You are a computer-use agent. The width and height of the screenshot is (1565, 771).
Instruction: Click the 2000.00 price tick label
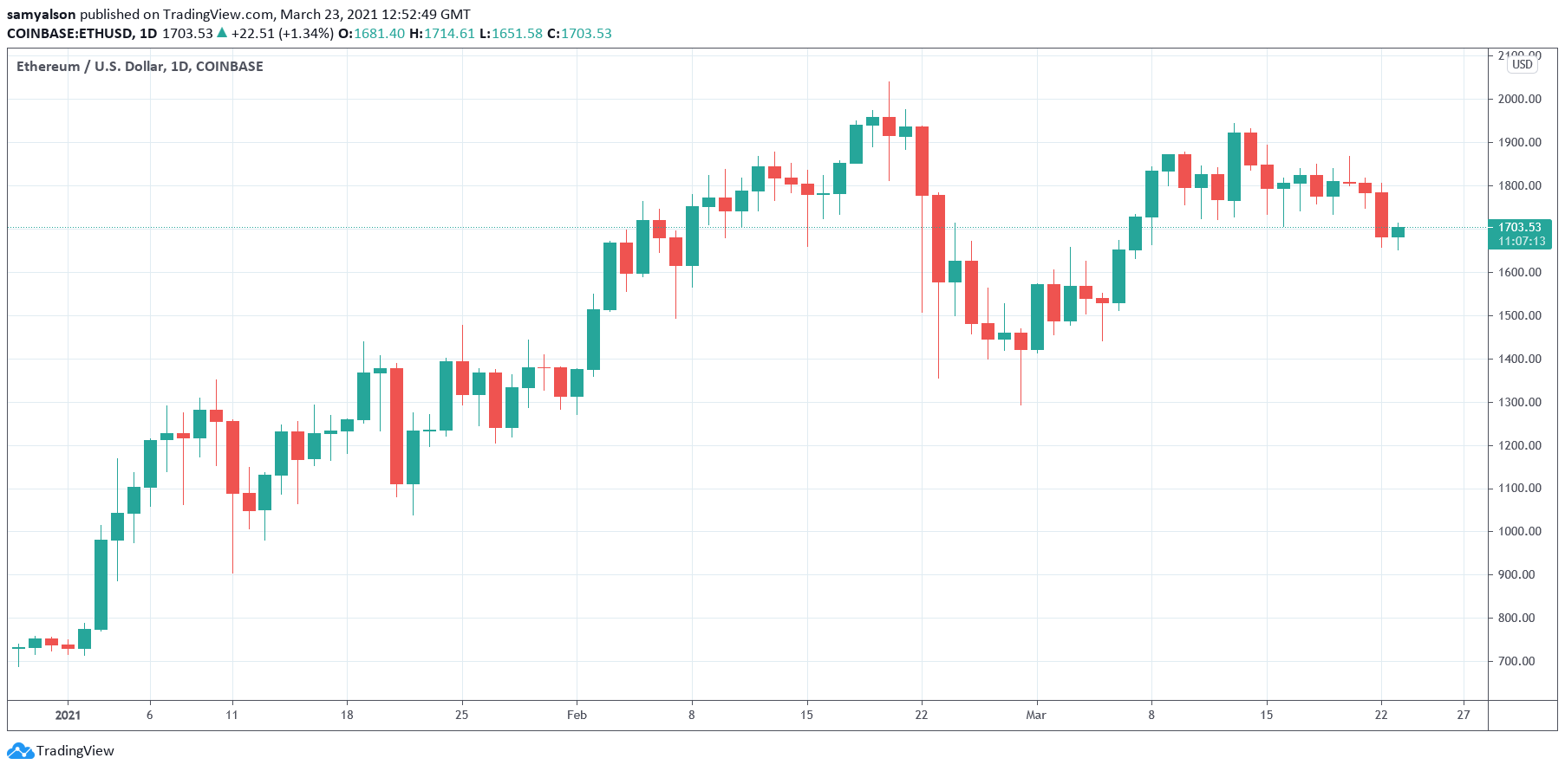[x=1519, y=99]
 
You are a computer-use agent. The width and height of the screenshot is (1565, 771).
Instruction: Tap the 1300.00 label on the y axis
[x=1519, y=402]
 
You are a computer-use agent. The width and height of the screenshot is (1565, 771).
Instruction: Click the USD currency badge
[x=1522, y=64]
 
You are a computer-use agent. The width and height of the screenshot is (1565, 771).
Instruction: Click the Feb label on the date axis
[x=577, y=715]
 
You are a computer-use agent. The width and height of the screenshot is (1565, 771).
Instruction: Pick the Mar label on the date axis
[x=1035, y=715]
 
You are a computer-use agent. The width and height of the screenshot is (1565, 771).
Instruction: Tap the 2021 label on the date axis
[x=68, y=715]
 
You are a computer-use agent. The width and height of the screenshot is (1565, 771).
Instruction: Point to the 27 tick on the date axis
[x=1464, y=715]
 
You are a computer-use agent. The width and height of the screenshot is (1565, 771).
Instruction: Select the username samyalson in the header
[x=41, y=14]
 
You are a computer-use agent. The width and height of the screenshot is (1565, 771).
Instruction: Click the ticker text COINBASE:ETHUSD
[x=70, y=34]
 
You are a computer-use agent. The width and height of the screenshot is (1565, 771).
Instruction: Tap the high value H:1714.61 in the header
[x=442, y=34]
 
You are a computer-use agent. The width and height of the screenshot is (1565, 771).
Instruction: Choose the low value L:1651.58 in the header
[x=511, y=34]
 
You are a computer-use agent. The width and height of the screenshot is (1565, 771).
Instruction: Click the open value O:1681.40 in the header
[x=371, y=34]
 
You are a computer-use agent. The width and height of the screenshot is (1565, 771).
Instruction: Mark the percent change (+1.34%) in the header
[x=306, y=34]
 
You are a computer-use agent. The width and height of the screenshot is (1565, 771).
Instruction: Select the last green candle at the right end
[x=1398, y=232]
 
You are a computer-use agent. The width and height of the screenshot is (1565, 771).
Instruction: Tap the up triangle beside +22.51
[x=222, y=33]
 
